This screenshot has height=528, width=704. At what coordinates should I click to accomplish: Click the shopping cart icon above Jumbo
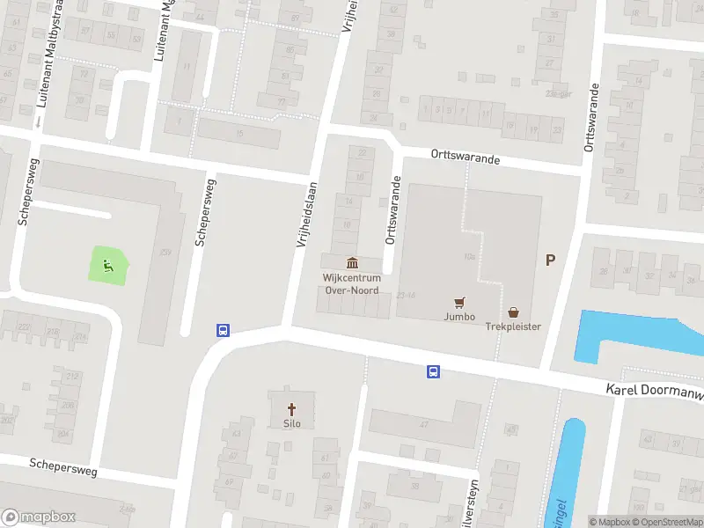[x=458, y=302]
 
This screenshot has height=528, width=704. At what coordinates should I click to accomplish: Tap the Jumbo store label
[x=459, y=317]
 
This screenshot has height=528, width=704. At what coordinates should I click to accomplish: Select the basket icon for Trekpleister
[x=513, y=312]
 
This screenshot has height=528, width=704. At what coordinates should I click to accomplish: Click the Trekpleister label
[x=513, y=326]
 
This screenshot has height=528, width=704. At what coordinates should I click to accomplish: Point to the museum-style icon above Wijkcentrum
[x=353, y=262]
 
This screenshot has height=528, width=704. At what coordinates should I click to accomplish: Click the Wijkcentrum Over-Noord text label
[x=352, y=282]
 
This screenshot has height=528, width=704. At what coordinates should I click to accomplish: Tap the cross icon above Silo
[x=292, y=409]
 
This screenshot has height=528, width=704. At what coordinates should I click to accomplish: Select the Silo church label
[x=292, y=423]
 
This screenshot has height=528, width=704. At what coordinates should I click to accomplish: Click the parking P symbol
[x=551, y=260]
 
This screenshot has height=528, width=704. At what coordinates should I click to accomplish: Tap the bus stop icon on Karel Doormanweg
[x=433, y=371]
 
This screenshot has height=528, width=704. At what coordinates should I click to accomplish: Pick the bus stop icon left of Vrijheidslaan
[x=223, y=331]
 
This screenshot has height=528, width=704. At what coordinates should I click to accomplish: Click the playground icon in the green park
[x=108, y=263]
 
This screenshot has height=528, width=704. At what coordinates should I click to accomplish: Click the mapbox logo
[x=39, y=517]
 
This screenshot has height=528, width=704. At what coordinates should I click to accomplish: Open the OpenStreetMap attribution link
[x=671, y=522]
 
